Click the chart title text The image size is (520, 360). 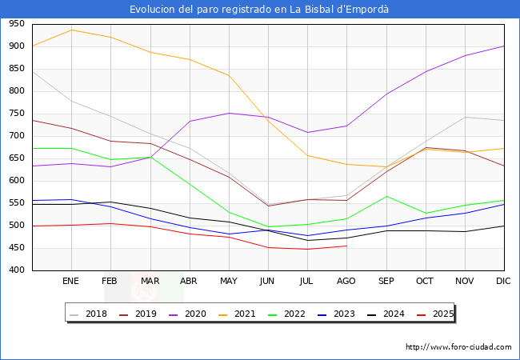pyautogui.click(x=260, y=9)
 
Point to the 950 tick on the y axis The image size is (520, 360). pyautogui.click(x=15, y=24)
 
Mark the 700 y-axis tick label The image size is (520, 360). pyautogui.click(x=15, y=136)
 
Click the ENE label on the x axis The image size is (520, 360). pyautogui.click(x=71, y=282)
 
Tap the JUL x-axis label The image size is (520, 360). pyautogui.click(x=307, y=282)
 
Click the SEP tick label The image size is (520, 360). pyautogui.click(x=386, y=282)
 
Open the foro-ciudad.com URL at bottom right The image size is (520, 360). pyautogui.click(x=458, y=347)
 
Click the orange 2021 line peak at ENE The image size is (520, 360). pyautogui.click(x=71, y=30)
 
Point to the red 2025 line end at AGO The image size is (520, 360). pyautogui.click(x=346, y=246)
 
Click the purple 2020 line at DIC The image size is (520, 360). pyautogui.click(x=504, y=46)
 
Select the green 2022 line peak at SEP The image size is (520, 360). pyautogui.click(x=386, y=196)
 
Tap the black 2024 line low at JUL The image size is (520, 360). pyautogui.click(x=307, y=241)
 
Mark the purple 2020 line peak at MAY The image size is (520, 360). pyautogui.click(x=229, y=113)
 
